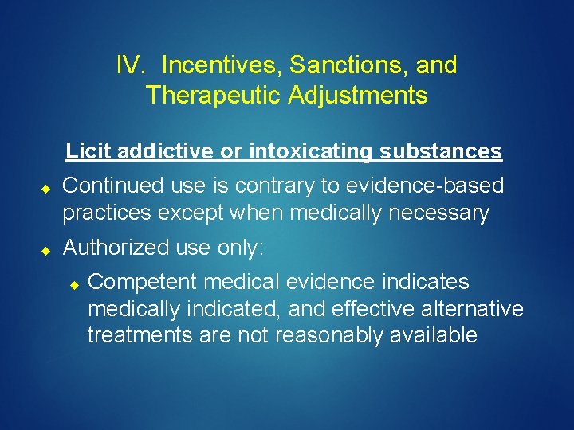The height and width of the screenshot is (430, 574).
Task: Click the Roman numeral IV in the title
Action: [128, 65]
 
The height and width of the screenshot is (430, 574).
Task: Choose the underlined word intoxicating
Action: [312, 150]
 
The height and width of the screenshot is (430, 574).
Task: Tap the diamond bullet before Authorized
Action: [46, 250]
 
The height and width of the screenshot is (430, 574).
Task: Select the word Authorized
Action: [119, 248]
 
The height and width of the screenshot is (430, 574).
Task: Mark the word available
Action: [434, 335]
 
